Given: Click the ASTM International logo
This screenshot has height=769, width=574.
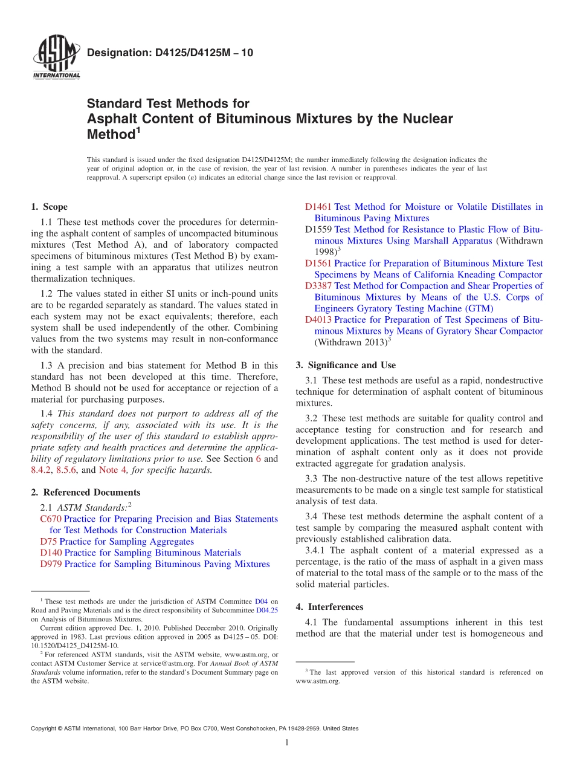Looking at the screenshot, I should (x=56, y=58).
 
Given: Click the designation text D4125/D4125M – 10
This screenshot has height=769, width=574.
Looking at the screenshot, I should (x=170, y=53).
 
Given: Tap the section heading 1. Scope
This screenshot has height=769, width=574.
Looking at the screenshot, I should (x=50, y=207).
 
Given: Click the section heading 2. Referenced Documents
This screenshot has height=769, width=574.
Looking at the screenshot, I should (x=86, y=492).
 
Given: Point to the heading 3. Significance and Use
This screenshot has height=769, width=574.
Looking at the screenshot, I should (x=346, y=365).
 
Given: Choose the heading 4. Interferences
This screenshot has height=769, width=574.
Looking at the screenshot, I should (x=330, y=606).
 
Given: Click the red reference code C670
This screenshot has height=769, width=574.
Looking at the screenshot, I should (x=51, y=519).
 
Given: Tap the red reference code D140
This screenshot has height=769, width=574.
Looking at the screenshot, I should (x=51, y=553).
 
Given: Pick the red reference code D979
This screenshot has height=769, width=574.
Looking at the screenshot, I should (x=51, y=564).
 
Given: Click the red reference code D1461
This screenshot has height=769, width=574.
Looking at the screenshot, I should (x=318, y=207).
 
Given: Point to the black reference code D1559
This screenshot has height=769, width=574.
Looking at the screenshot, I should (x=318, y=230).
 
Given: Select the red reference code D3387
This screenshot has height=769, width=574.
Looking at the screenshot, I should (x=318, y=286).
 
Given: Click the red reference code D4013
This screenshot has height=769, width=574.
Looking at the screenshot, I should (x=318, y=320).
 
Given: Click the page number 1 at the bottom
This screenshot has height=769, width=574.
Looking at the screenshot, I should (x=287, y=742).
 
